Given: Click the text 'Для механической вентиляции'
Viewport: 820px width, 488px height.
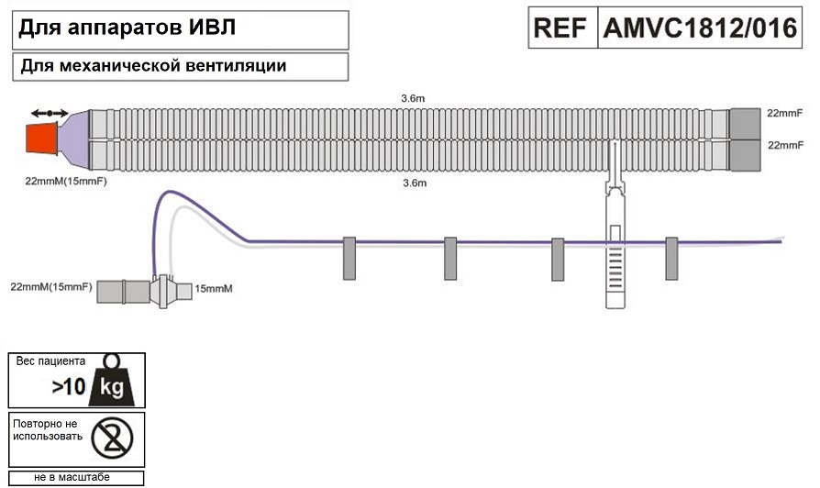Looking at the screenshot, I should [152, 66].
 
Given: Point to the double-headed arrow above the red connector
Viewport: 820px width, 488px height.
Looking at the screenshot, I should [49, 113].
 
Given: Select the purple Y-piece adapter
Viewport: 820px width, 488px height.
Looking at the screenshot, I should [78, 139].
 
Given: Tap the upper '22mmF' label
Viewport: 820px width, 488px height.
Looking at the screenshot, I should [785, 113].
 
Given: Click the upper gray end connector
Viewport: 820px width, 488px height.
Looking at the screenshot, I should [744, 123].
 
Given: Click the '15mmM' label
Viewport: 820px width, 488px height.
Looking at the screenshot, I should [213, 289].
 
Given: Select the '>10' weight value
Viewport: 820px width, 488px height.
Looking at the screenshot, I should [68, 387].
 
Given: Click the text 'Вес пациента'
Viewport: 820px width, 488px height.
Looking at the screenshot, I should [51, 360].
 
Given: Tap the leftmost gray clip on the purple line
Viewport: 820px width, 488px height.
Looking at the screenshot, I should [349, 258].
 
